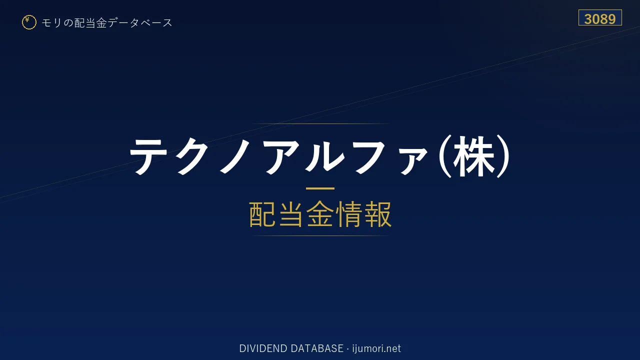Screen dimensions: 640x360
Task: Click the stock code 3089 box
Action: [x=600, y=17]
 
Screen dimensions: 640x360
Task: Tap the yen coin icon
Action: [x=29, y=22]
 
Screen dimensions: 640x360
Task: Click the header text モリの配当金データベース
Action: [x=107, y=23]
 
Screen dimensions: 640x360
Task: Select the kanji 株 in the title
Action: [x=474, y=156]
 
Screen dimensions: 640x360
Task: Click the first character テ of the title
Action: [x=148, y=156]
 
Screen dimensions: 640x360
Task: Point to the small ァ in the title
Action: [x=413, y=162]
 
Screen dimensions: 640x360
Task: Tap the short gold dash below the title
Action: [x=320, y=188]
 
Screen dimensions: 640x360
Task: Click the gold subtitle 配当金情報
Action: [x=320, y=214]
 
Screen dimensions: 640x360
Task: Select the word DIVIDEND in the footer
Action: [x=263, y=348]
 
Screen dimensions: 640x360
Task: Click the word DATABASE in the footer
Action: [x=317, y=348]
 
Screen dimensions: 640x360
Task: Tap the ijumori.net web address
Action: [x=376, y=348]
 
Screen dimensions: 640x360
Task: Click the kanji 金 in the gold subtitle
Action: [x=320, y=214]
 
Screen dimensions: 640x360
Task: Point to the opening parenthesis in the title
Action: [x=444, y=156]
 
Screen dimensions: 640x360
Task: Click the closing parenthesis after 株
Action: [x=503, y=156]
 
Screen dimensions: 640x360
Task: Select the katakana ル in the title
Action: [x=325, y=156]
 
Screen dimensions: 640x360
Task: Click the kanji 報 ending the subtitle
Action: [x=377, y=214]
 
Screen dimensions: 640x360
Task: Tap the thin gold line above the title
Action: [x=320, y=123]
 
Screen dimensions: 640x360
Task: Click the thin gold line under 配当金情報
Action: [x=320, y=235]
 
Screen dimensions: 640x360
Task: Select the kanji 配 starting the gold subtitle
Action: [x=263, y=214]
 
